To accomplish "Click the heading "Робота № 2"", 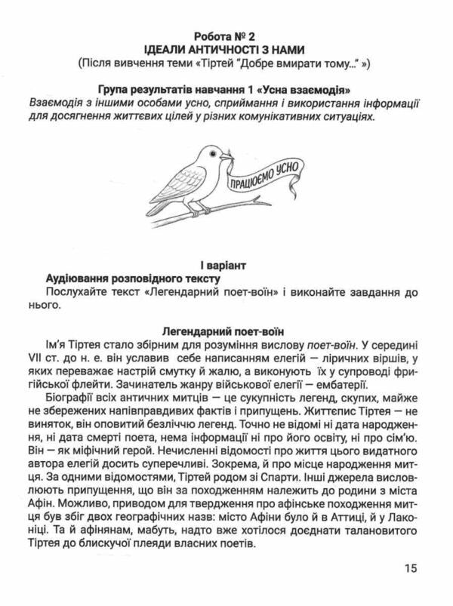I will [x=226, y=36].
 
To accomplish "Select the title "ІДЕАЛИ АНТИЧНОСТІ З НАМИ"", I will [x=226, y=50].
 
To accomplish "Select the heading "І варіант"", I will [x=226, y=266].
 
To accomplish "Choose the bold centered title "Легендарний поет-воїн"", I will [x=226, y=330].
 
